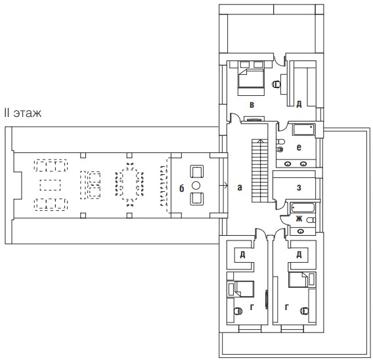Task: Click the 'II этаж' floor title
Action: click(23, 113)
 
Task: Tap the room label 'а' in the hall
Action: click(240, 188)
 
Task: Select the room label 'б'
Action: click(181, 188)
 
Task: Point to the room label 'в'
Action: click(252, 104)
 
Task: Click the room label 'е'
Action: click(299, 148)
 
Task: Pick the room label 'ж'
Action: click(299, 218)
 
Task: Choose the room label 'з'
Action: click(299, 188)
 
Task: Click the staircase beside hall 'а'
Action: click(260, 171)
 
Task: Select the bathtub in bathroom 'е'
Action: click(303, 130)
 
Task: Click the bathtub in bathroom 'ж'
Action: click(302, 208)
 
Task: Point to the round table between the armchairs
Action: click(196, 185)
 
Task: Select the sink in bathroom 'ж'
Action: click(301, 231)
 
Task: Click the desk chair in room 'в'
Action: click(276, 84)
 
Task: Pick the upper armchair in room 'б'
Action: click(197, 171)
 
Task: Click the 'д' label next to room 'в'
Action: click(299, 104)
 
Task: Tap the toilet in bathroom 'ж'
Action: click(311, 220)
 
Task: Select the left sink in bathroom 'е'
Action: click(288, 164)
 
